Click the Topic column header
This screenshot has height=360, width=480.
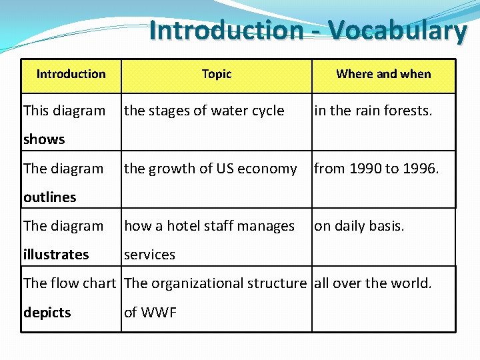pyautogui.click(x=217, y=74)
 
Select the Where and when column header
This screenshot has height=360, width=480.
pyautogui.click(x=383, y=74)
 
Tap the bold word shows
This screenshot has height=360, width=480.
pyautogui.click(x=44, y=139)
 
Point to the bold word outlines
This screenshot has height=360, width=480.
pyautogui.click(x=49, y=197)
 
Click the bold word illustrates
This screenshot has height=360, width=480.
pyautogui.click(x=56, y=255)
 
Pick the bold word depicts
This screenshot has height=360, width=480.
pyautogui.click(x=47, y=313)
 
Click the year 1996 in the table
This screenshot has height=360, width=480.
pyautogui.click(x=419, y=169)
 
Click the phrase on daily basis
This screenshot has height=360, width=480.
pyautogui.click(x=359, y=226)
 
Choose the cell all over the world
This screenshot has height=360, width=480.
pyautogui.click(x=373, y=283)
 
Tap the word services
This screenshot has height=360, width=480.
pyautogui.click(x=149, y=255)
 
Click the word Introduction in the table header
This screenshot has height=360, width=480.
pyautogui.click(x=71, y=74)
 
